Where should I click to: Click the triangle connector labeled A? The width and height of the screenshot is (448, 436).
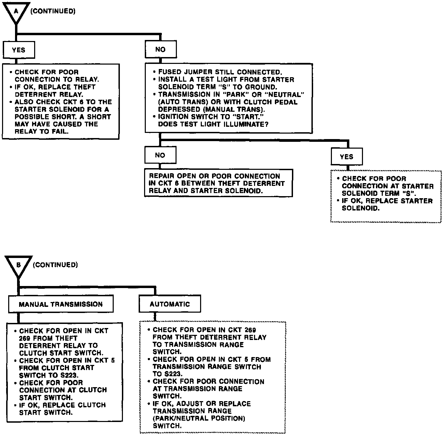tap(16, 13)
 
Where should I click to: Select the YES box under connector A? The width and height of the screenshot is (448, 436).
tap(18, 50)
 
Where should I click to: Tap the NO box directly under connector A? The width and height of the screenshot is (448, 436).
tap(160, 50)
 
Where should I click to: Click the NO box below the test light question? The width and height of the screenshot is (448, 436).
tap(160, 155)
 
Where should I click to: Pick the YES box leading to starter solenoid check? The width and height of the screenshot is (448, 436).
tap(346, 157)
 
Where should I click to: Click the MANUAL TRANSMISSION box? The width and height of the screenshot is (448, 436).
tap(60, 304)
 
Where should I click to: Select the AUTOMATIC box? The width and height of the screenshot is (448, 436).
tap(169, 304)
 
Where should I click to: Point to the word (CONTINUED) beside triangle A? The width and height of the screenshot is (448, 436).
tap(53, 11)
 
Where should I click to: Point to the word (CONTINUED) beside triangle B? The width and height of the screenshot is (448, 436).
tap(55, 265)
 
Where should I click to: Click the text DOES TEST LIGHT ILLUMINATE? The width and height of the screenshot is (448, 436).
tap(213, 124)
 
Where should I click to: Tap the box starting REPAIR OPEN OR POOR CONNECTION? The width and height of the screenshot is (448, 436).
tap(219, 183)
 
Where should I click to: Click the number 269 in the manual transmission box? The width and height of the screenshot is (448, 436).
tap(25, 338)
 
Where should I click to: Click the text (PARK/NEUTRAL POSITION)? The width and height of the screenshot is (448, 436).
tap(199, 418)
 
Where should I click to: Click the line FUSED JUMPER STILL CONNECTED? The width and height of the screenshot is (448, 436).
tap(220, 72)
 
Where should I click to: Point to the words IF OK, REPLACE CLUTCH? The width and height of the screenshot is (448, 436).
tap(62, 405)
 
